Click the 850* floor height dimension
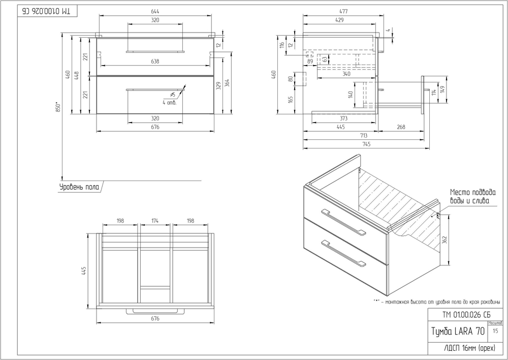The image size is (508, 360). (58, 107)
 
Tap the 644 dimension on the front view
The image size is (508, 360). (155, 12)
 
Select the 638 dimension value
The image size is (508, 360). (155, 62)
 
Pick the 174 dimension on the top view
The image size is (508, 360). (155, 221)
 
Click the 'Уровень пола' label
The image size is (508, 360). (79, 187)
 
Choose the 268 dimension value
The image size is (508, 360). (401, 127)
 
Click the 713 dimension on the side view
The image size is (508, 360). (364, 136)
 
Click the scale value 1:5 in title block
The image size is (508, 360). (495, 331)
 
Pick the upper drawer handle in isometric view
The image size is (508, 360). (343, 222)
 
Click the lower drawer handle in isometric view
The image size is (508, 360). (343, 253)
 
